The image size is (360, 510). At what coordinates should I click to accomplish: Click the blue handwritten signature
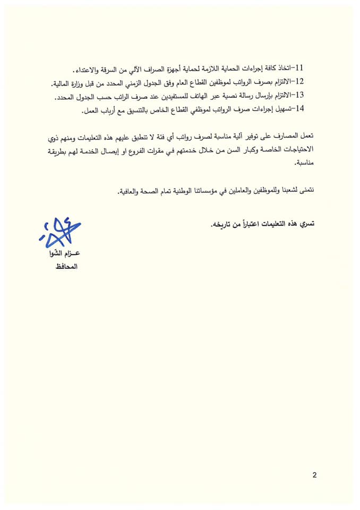coord(59,232)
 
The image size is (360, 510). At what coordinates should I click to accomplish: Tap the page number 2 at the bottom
coord(314,475)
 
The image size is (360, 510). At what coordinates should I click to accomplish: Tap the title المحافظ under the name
coord(65,265)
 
